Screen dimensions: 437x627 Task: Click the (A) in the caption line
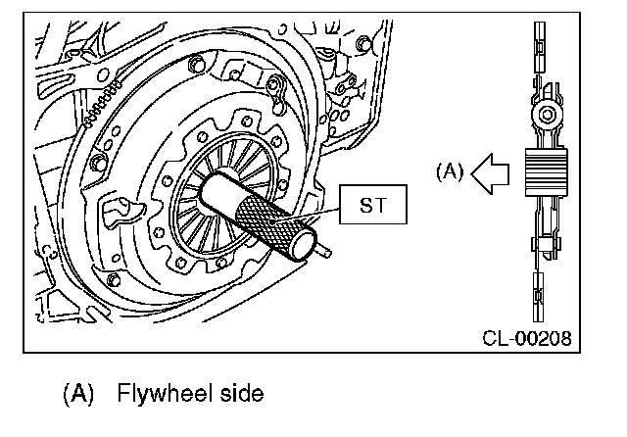coord(77,394)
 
